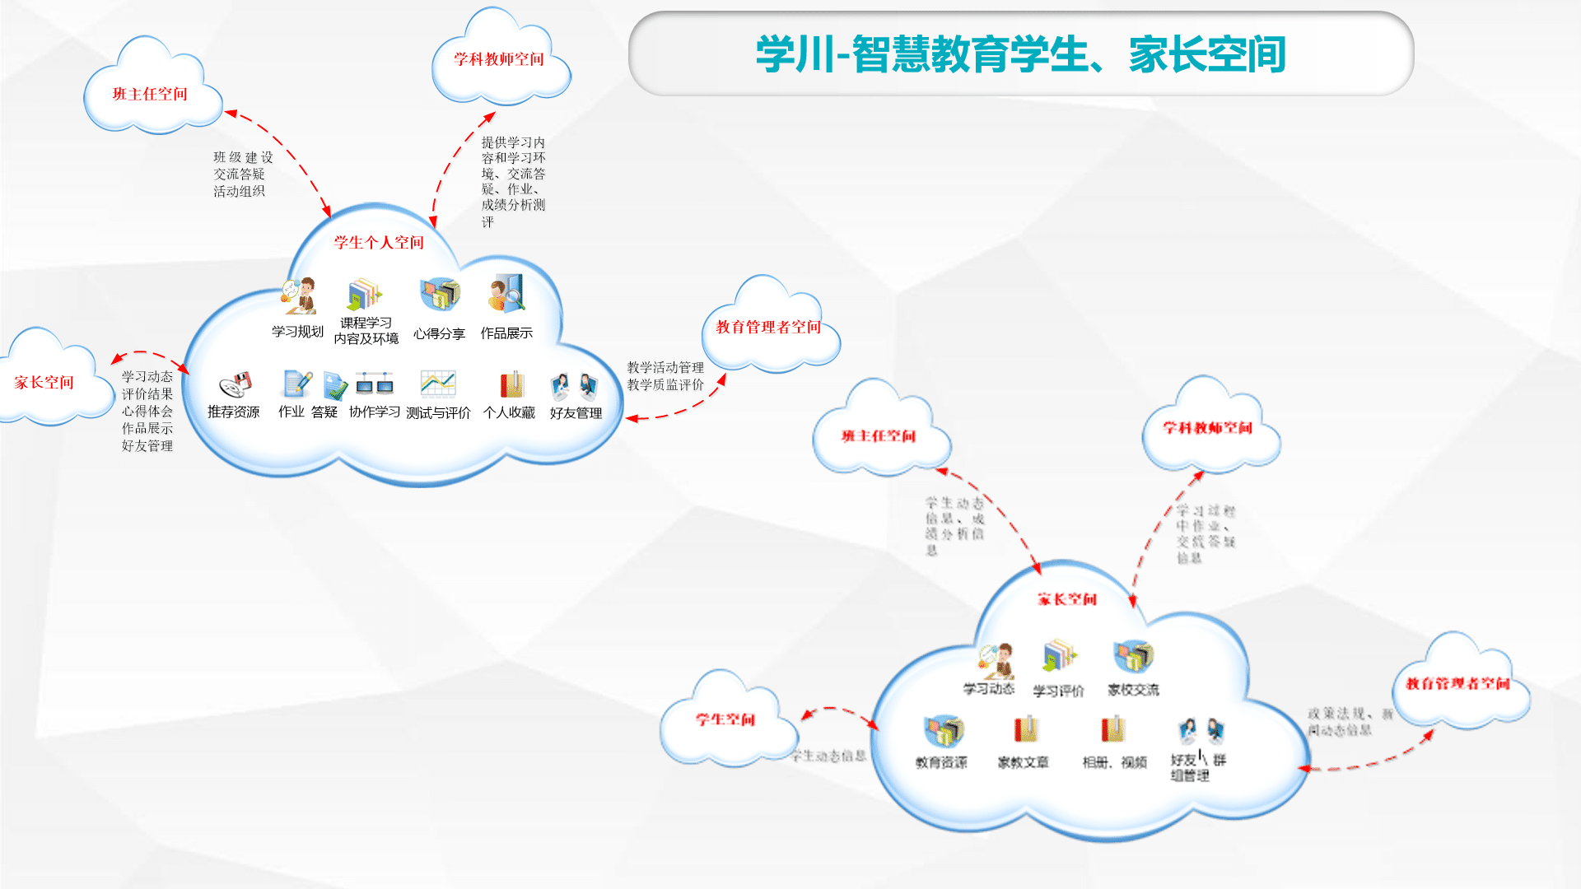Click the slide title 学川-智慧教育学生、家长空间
[x=1020, y=54]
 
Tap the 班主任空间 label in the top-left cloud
[x=150, y=94]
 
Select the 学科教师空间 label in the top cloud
[x=498, y=59]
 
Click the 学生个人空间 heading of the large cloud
[x=379, y=242]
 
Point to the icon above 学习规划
[x=300, y=296]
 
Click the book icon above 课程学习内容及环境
[x=365, y=294]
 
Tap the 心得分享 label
[x=439, y=333]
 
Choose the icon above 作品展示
[x=506, y=294]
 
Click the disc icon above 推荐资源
[x=235, y=384]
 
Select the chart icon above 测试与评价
[x=437, y=384]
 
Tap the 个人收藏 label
[x=509, y=412]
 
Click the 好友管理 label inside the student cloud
[x=576, y=412]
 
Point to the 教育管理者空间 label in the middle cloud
[x=768, y=327]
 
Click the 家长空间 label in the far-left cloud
[x=44, y=382]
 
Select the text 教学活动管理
[x=665, y=367]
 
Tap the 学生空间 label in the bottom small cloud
[x=725, y=719]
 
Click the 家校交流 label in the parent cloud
[x=1133, y=690]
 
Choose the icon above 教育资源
[x=944, y=730]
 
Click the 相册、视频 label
[x=1114, y=762]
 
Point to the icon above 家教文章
[x=1025, y=729]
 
